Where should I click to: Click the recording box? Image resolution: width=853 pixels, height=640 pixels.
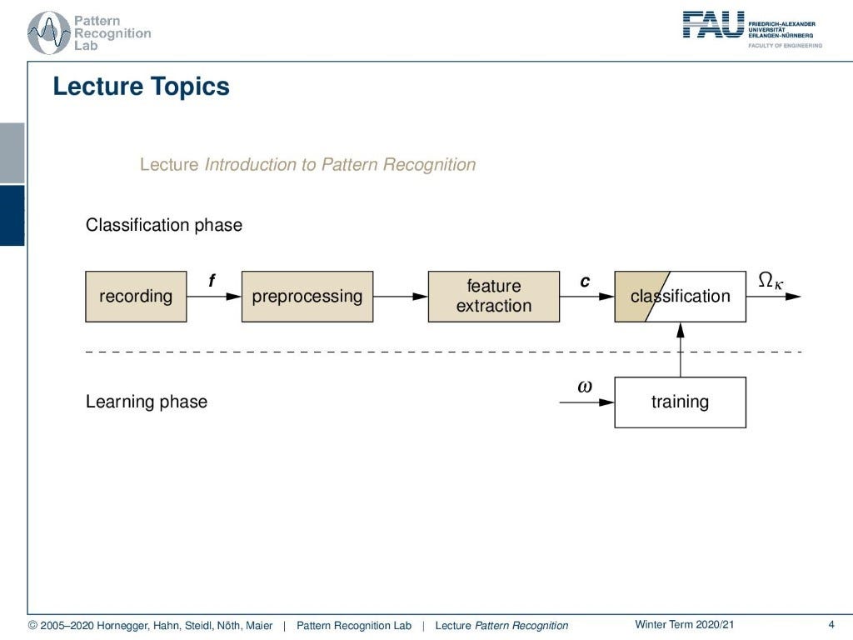click(136, 297)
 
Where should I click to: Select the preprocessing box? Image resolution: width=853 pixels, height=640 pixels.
click(307, 297)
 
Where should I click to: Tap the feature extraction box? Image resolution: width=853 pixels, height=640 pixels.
click(493, 297)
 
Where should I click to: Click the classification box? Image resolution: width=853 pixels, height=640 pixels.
click(680, 297)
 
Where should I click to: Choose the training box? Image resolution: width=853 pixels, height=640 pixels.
click(680, 402)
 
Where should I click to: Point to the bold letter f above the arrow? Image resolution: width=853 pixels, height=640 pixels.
click(212, 282)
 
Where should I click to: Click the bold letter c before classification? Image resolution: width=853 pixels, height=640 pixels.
click(585, 282)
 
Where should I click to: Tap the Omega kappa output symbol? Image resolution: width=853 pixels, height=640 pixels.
click(771, 282)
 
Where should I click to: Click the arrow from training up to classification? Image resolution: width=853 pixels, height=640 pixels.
click(681, 350)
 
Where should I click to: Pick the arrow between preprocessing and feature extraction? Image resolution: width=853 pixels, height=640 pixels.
click(401, 297)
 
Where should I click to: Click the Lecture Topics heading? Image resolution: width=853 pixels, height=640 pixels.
click(141, 87)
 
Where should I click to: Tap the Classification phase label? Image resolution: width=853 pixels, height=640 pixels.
click(164, 225)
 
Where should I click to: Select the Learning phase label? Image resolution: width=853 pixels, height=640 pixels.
click(147, 402)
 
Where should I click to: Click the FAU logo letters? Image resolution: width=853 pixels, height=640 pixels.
click(713, 24)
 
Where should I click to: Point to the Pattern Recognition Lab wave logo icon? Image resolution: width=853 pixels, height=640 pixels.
click(48, 33)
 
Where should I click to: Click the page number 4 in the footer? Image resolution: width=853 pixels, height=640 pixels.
click(831, 625)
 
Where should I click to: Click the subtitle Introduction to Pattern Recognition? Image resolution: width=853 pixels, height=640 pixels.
click(340, 165)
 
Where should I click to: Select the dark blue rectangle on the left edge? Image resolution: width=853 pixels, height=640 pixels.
click(12, 215)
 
